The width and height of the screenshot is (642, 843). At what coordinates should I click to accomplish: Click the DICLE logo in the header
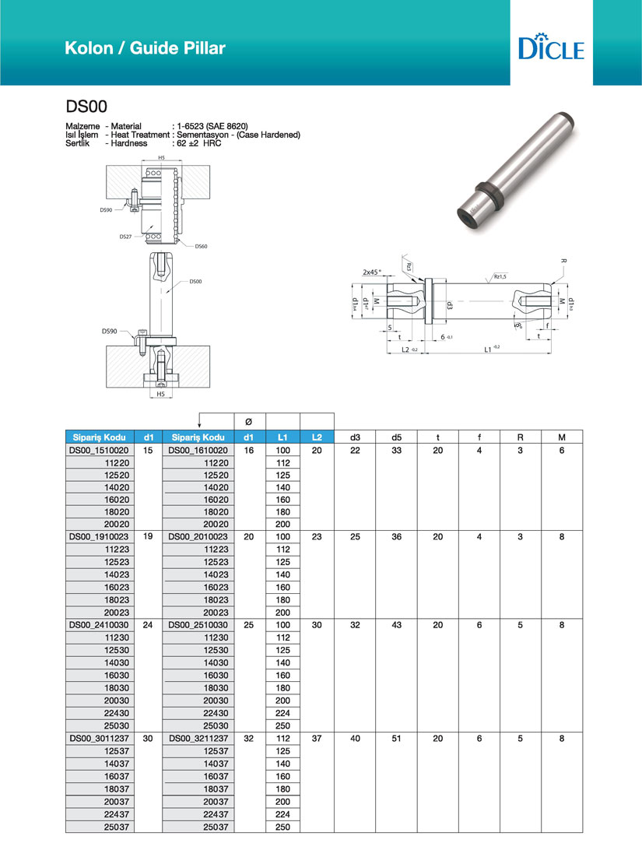coord(550,47)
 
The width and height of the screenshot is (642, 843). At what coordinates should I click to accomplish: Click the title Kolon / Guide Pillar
coord(145,48)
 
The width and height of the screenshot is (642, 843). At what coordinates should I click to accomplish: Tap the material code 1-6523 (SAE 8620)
coord(212,125)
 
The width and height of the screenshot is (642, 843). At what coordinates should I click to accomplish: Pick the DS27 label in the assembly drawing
coord(125,235)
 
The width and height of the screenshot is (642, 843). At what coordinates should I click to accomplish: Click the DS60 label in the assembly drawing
coord(201,246)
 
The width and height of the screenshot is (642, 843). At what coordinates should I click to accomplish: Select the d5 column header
coord(396,437)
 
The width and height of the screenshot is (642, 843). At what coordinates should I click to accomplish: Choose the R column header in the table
coord(521,437)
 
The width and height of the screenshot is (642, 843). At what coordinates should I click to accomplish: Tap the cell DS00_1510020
coord(98,451)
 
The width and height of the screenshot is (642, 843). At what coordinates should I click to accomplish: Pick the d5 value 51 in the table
coord(396,737)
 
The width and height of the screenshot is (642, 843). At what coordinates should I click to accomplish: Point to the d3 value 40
coord(355,737)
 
